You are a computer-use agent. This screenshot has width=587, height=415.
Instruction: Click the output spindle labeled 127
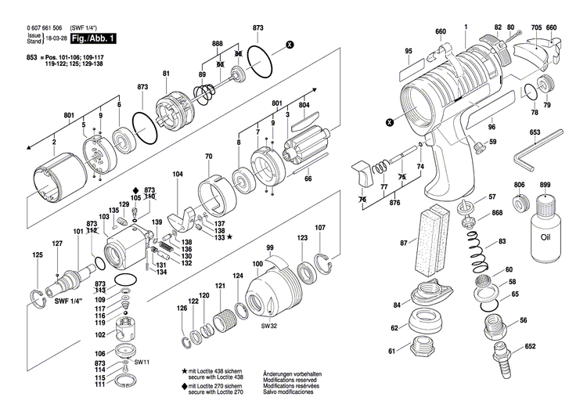[x=66, y=275]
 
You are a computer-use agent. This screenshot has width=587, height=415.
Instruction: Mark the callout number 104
[x=178, y=173]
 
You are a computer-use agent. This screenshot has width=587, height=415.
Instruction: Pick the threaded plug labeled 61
[x=421, y=349]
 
